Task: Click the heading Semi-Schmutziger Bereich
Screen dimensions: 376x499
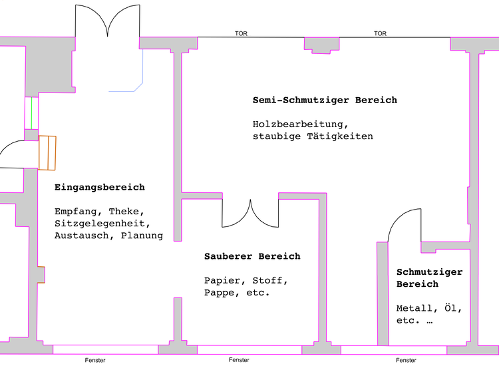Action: pos(325,100)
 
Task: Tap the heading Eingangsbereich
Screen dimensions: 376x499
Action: pos(99,188)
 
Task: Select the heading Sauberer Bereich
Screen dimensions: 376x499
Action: pos(252,256)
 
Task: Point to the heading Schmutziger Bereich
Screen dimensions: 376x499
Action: pos(428,278)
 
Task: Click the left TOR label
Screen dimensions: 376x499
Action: pos(241,33)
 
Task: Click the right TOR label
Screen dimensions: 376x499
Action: pos(380,33)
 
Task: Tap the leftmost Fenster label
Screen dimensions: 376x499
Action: pos(95,360)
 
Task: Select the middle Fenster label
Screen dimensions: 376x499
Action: pos(239,360)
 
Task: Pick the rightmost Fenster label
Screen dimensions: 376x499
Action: pos(406,360)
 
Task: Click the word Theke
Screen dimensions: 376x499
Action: pos(126,212)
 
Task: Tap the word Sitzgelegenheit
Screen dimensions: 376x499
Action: pos(102,224)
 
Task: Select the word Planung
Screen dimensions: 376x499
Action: pos(142,236)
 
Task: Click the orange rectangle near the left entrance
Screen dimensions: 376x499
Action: pos(47,152)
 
